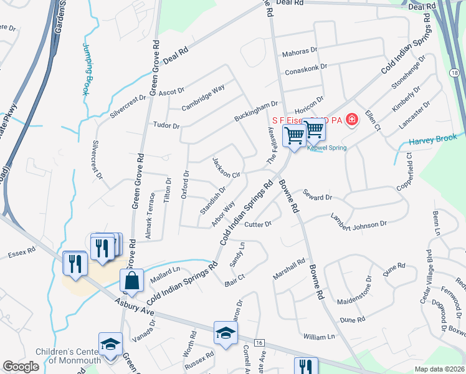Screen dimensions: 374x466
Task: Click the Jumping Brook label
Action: [x=85, y=68]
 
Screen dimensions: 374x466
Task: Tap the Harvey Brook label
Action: [x=433, y=140]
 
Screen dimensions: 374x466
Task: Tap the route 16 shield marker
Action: [x=259, y=343]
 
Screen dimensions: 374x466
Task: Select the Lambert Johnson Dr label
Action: [x=359, y=221]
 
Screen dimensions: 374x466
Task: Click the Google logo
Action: [x=21, y=367]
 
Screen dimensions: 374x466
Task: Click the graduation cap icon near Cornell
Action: [x=226, y=333]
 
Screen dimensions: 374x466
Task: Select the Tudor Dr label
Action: [x=166, y=125]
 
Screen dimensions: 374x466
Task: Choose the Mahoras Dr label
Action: [x=300, y=54]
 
